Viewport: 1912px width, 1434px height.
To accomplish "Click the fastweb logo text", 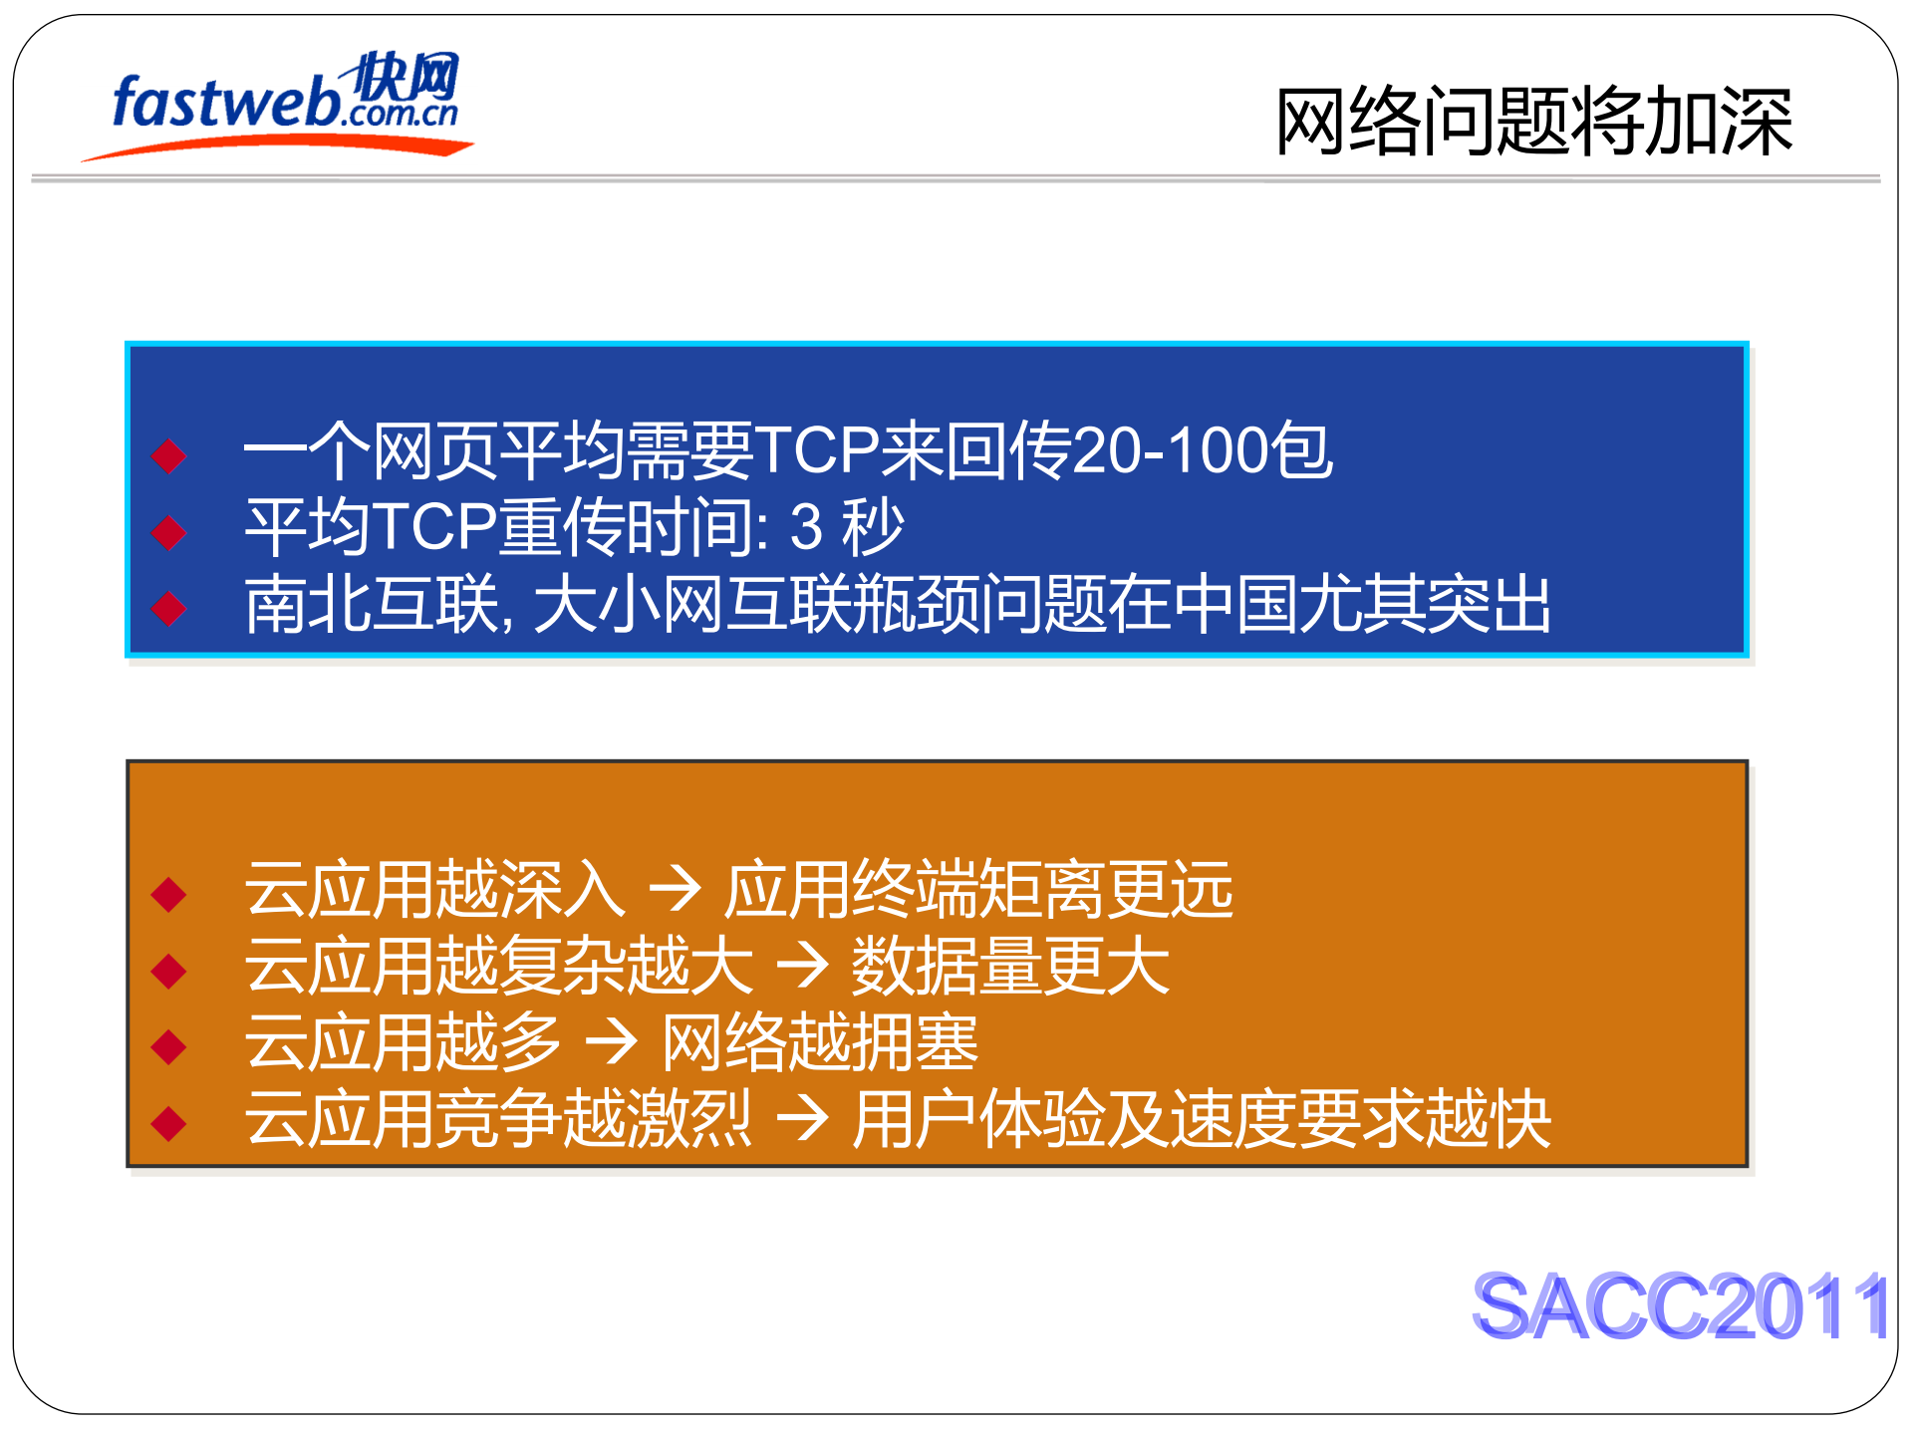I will (227, 103).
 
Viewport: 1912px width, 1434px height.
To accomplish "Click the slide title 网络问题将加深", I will (1533, 122).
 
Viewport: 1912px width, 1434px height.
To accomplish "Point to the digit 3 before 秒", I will (805, 527).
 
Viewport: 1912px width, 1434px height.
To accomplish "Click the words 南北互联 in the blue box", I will (371, 604).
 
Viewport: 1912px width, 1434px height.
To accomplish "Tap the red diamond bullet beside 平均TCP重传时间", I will (169, 531).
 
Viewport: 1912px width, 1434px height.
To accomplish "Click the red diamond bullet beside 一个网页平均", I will (169, 455).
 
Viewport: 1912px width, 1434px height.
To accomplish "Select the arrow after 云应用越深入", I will (675, 889).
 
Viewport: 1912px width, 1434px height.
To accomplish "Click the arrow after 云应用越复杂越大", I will (802, 965).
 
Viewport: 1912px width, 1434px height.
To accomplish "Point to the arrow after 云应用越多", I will (611, 1042).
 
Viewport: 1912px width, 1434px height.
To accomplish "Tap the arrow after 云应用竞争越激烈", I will (802, 1118).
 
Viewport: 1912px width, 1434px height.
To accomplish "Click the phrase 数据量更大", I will (1009, 965).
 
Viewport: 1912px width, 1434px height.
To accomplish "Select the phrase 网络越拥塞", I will (820, 1042).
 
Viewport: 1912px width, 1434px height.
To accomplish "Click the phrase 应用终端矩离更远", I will (978, 889).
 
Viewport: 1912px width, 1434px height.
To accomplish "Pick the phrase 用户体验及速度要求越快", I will (1202, 1118).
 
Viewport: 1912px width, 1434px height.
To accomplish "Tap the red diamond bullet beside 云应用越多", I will (169, 1046).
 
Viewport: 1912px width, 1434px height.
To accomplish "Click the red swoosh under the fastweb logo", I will (279, 146).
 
